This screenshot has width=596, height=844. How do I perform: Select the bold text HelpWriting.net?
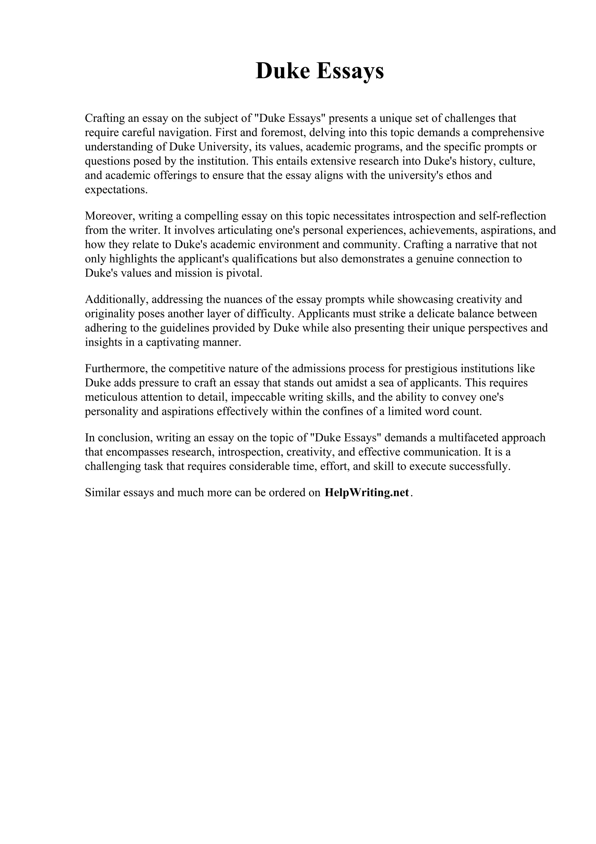click(366, 492)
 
